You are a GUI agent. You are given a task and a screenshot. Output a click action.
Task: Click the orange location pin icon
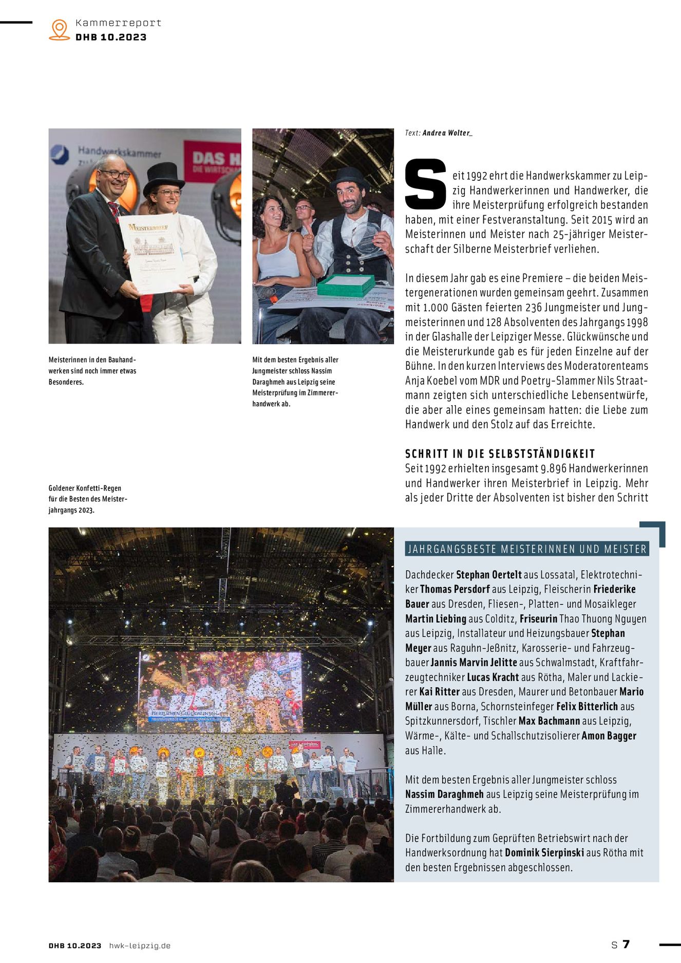point(60,29)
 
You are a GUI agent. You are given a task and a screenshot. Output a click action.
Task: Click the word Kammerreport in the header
point(118,23)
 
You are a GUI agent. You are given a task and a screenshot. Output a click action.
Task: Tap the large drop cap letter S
point(425,184)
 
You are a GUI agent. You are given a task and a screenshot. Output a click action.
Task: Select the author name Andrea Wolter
point(446,133)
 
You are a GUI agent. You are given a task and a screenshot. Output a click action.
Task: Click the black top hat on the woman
point(164,177)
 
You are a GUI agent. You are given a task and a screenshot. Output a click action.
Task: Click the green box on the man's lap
point(346,285)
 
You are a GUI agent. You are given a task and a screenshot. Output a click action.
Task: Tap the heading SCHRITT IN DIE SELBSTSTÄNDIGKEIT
point(500,454)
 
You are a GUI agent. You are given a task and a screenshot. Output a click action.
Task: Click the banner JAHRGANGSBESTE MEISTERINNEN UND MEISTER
point(526,549)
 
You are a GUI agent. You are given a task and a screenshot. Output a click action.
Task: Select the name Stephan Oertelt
point(488,575)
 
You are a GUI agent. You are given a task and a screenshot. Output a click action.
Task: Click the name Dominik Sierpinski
point(544,853)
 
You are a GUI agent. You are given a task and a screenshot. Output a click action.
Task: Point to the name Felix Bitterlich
point(587,707)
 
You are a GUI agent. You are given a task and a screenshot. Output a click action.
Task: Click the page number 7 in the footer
point(626,945)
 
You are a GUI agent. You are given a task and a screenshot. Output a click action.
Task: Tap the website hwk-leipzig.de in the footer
point(140,946)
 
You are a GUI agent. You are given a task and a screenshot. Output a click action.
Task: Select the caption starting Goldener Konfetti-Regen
point(87,499)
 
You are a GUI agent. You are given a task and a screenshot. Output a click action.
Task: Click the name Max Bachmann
point(548,721)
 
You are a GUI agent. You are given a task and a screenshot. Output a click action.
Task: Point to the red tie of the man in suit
point(114,210)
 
